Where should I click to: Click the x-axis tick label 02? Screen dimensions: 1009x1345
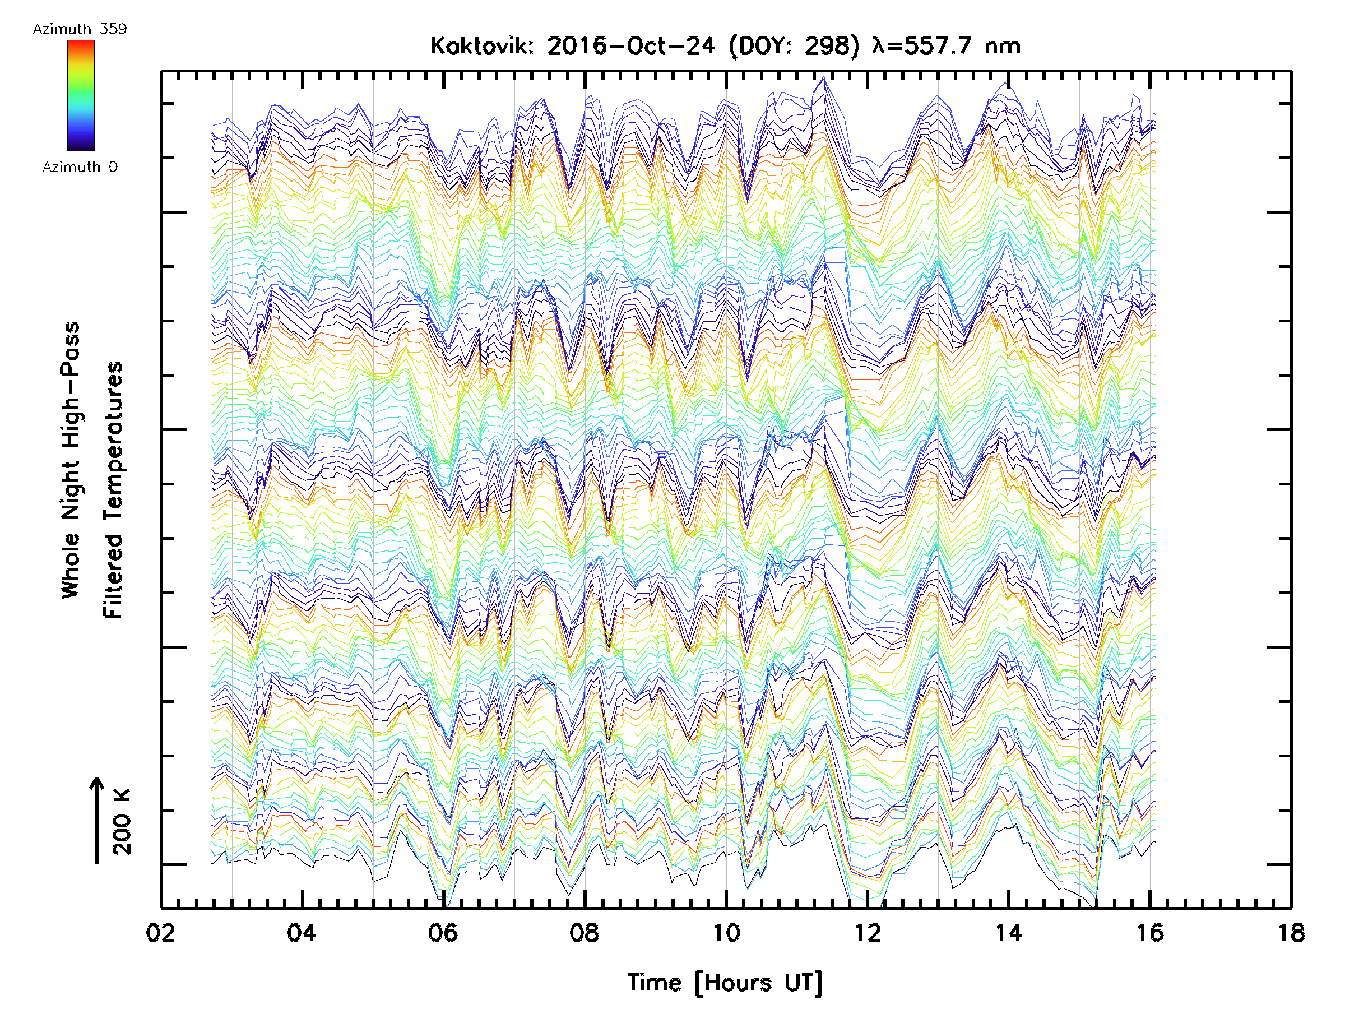click(x=160, y=933)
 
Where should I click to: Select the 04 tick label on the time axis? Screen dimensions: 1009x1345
click(x=302, y=933)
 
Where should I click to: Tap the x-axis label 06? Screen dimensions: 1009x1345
click(x=443, y=933)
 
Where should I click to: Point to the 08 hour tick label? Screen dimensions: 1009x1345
click(x=585, y=933)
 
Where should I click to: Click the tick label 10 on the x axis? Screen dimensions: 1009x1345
click(x=725, y=933)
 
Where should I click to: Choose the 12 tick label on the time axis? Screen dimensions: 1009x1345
click(x=866, y=933)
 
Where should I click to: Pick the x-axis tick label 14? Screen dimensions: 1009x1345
click(x=1008, y=933)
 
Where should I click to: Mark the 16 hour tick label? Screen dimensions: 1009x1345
click(x=1149, y=933)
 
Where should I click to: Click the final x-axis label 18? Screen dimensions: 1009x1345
click(x=1290, y=933)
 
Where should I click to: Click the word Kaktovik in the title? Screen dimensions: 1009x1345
click(x=481, y=46)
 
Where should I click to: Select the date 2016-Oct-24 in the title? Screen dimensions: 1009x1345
click(x=630, y=46)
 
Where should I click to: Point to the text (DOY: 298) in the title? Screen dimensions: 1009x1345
click(x=794, y=46)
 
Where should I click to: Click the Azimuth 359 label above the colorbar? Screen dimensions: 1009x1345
click(x=80, y=29)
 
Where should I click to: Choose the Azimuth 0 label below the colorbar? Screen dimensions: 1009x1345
click(x=80, y=167)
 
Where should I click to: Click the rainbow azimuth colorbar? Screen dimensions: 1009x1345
click(x=81, y=95)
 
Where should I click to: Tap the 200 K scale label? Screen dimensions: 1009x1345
click(x=122, y=822)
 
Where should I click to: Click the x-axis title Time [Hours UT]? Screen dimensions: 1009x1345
click(x=725, y=983)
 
